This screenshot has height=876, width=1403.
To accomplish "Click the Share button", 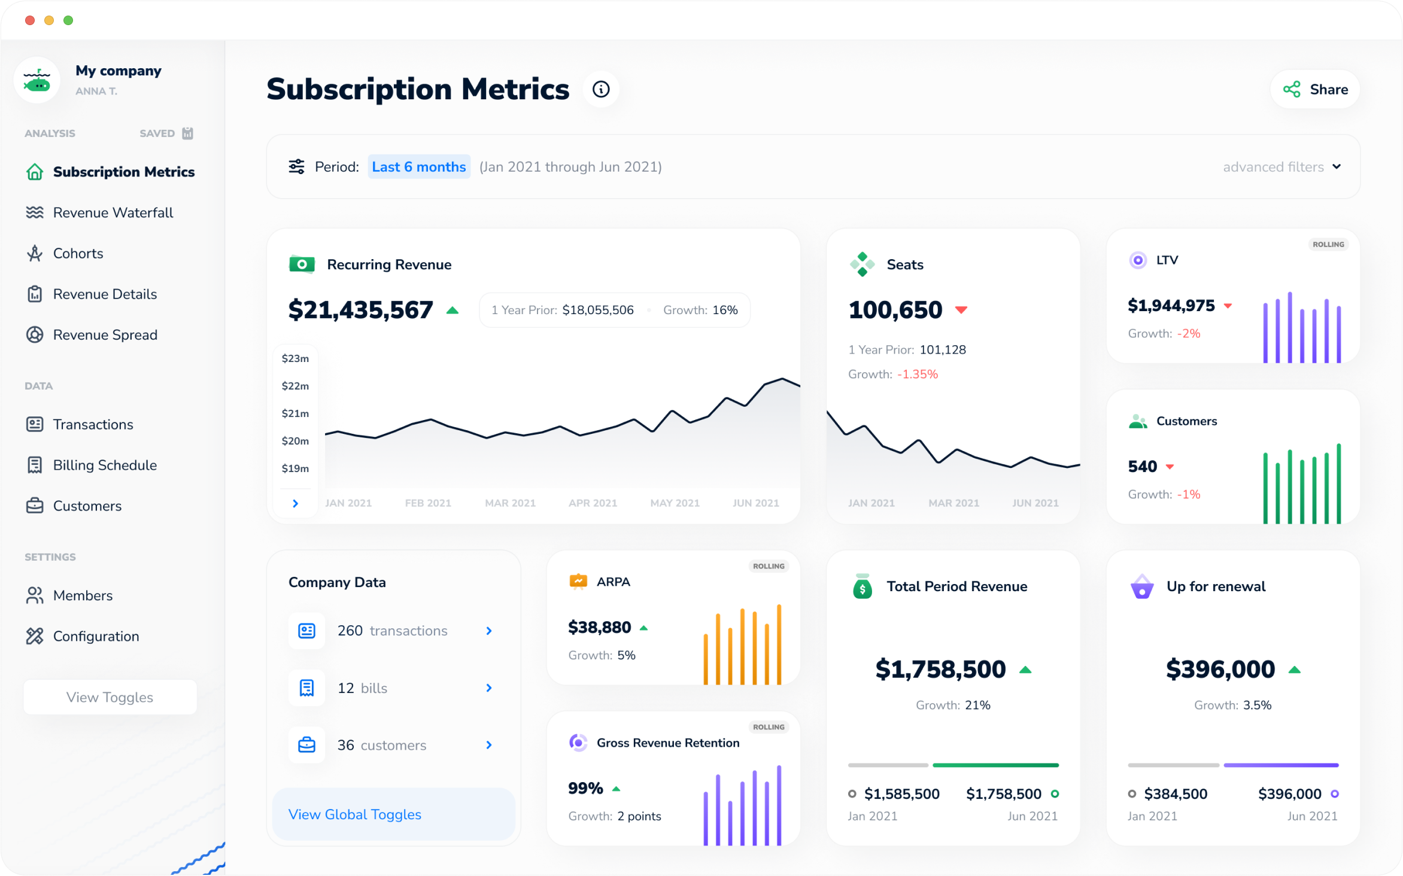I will tap(1315, 90).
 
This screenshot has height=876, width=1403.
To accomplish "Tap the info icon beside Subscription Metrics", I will tap(600, 89).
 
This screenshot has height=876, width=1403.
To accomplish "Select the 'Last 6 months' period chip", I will tap(418, 167).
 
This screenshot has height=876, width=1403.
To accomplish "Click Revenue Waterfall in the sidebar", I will tap(113, 212).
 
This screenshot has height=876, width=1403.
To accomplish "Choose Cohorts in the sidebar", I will tap(78, 253).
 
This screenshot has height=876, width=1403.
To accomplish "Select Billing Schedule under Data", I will tap(105, 465).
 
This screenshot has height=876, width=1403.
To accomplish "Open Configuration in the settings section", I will tap(96, 636).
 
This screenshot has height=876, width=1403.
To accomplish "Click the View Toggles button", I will tap(110, 697).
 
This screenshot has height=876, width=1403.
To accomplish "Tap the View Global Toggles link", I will tap(355, 814).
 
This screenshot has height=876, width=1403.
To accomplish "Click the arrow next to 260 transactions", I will tap(489, 631).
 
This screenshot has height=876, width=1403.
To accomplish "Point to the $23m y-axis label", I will tap(295, 358).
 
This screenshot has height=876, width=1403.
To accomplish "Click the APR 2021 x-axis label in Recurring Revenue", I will tap(593, 503).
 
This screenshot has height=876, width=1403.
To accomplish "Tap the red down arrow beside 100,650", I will tap(961, 310).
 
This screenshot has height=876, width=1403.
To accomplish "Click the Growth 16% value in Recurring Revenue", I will tap(725, 310).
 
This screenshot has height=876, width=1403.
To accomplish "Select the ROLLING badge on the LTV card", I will tap(1328, 244).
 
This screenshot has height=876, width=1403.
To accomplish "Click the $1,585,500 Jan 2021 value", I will tap(901, 794).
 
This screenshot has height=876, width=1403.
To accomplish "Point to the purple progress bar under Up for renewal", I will tap(1281, 765).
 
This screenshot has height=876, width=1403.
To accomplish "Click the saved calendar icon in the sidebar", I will tap(187, 133).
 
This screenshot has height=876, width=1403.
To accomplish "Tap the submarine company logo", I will tap(37, 81).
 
